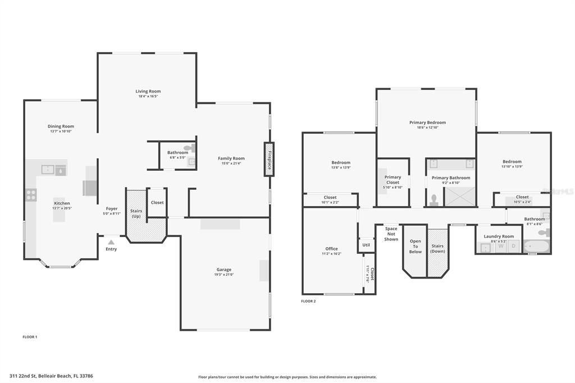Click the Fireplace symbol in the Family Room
point(270,159)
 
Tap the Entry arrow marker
point(111,242)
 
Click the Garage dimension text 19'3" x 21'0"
point(223,275)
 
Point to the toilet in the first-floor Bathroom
point(190,149)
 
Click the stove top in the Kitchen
point(31,195)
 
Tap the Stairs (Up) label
point(136,213)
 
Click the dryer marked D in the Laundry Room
point(513,246)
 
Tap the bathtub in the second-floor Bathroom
point(536,246)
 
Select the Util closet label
point(366,245)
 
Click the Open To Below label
point(415,247)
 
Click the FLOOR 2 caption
point(308,302)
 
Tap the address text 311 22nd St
point(27,376)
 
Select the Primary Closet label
point(393,180)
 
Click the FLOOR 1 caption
point(30,337)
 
